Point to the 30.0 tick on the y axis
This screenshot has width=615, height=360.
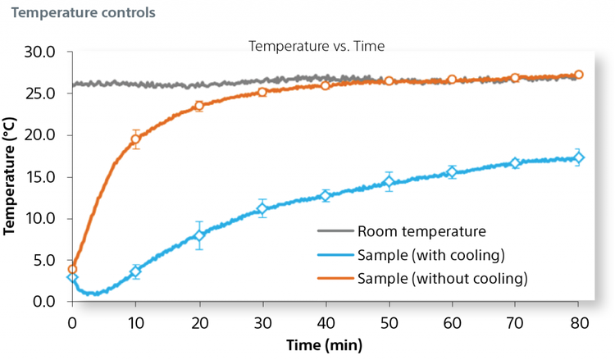tap(39, 52)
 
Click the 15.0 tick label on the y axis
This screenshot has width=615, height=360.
tap(39, 177)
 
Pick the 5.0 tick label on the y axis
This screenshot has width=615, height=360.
tap(43, 261)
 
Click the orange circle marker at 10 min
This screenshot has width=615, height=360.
tap(136, 139)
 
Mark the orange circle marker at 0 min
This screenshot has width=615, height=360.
tap(73, 269)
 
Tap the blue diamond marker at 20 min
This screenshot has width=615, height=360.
tap(199, 235)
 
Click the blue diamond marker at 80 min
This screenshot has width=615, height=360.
tap(579, 157)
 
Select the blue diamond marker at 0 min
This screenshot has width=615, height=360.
tap(73, 277)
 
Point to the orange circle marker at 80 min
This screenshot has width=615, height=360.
tap(579, 75)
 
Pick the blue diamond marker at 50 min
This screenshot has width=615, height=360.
tap(389, 182)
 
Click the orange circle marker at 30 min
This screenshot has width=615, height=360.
tap(262, 92)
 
